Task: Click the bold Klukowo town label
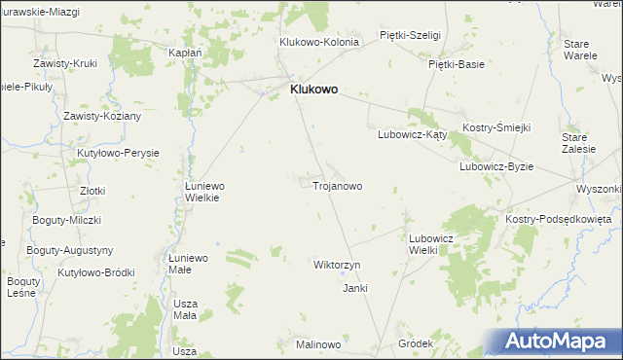coord(313,89)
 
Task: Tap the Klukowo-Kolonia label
coord(319,42)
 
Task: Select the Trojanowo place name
coord(338,185)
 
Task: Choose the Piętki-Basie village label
coord(457,64)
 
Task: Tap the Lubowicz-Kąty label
coord(412,135)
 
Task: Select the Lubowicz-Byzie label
coord(496,166)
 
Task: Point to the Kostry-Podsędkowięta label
coord(558,220)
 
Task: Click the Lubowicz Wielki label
coord(431,243)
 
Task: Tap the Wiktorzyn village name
coord(337,265)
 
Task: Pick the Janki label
coord(354,288)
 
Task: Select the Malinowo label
coord(318,345)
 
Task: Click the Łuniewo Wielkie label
coord(205,191)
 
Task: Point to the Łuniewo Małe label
coord(188,264)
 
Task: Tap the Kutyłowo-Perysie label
coord(118,153)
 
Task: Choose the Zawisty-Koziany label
coord(102,116)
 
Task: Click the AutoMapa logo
coord(558,342)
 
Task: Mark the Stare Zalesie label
coord(579,144)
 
